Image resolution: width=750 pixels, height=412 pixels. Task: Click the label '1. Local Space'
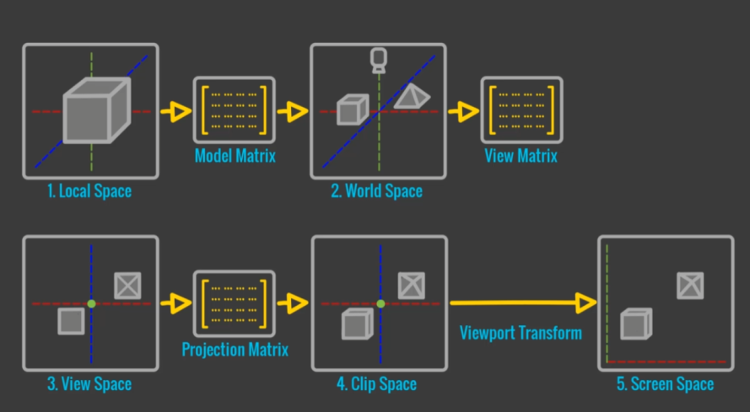tap(89, 191)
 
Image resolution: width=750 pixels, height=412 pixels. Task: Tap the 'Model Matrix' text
tap(235, 156)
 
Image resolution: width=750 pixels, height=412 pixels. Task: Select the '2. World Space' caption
tap(377, 191)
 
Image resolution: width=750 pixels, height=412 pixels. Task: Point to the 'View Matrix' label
tap(521, 156)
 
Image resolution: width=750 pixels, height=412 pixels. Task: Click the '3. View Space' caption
tap(89, 384)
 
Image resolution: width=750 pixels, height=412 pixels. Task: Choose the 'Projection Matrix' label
tap(235, 349)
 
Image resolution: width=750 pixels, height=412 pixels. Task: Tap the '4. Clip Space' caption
tap(377, 384)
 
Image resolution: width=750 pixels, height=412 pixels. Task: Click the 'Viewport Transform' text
tap(521, 332)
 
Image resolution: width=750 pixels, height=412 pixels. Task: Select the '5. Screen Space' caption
tap(665, 384)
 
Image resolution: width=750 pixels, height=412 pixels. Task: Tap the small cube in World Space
tap(350, 110)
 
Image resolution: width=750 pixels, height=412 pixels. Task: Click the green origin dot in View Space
tap(91, 303)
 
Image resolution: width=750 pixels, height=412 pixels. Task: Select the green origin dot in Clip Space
tap(380, 303)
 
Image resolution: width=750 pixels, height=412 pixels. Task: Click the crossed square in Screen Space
tap(690, 286)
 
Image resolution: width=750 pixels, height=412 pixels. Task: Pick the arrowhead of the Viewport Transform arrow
tap(586, 302)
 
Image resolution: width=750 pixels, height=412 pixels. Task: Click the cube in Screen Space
tap(635, 324)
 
